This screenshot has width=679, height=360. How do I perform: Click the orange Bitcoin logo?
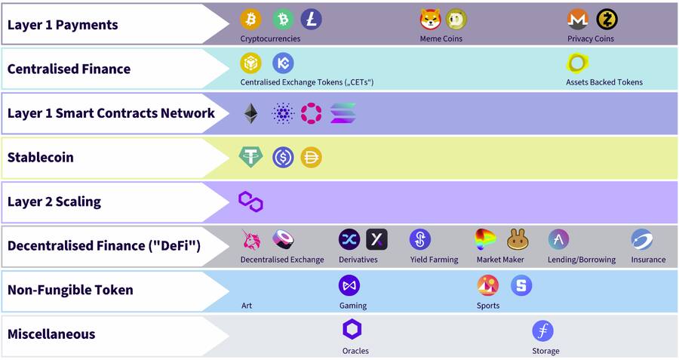click(250, 20)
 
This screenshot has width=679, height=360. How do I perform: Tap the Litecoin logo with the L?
click(311, 20)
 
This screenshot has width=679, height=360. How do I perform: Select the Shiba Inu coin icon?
click(430, 20)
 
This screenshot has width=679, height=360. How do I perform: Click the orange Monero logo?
click(577, 20)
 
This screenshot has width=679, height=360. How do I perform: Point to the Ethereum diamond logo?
click(250, 114)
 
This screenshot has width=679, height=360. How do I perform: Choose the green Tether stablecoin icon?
click(250, 157)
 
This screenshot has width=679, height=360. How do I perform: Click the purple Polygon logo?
click(250, 202)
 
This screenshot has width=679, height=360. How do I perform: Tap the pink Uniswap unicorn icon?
click(250, 240)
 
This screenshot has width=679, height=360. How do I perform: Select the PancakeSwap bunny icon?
click(518, 240)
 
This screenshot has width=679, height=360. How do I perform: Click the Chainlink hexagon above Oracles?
click(352, 330)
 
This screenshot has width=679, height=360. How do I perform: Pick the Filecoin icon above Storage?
click(542, 331)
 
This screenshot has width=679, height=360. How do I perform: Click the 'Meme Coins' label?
click(441, 38)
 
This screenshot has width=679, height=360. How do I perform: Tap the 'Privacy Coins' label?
click(591, 38)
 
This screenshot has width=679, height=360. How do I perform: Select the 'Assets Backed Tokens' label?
click(604, 82)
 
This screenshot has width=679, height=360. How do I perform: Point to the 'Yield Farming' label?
click(434, 260)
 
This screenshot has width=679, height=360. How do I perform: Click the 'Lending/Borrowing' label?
click(582, 260)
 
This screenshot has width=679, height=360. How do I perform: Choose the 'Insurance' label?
click(649, 260)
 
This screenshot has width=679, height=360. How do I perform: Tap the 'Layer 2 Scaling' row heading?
click(54, 202)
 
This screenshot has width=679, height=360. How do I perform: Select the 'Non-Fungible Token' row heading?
click(70, 290)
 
